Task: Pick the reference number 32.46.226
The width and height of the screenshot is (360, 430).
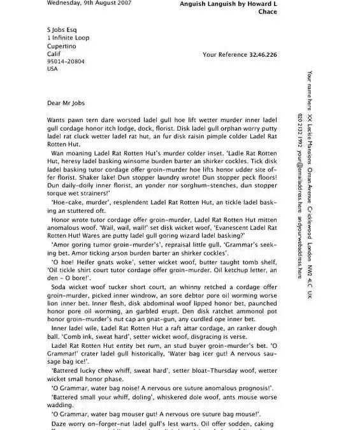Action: point(263,55)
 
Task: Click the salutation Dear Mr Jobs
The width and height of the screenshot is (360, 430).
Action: point(65,103)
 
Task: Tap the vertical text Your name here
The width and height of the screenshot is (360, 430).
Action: point(310,90)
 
